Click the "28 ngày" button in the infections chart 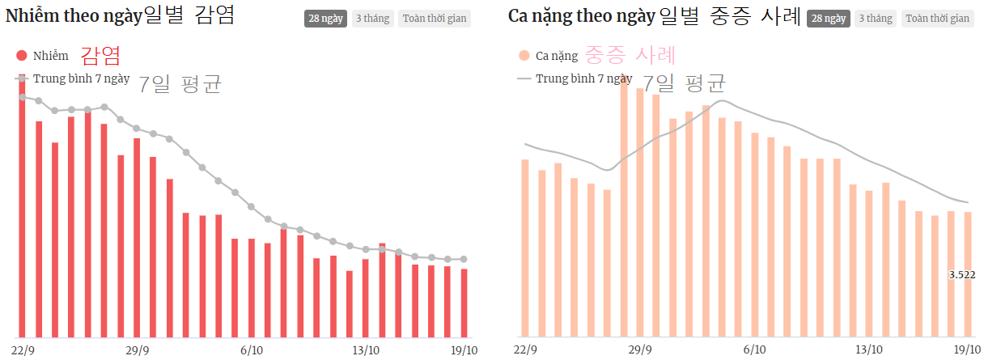pyautogui.click(x=325, y=19)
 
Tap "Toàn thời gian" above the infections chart pyautogui.click(x=435, y=19)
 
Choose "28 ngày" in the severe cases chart pyautogui.click(x=828, y=19)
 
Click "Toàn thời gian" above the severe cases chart pyautogui.click(x=937, y=19)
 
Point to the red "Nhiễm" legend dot pyautogui.click(x=22, y=56)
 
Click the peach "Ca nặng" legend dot pyautogui.click(x=524, y=56)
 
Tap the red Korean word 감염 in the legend pyautogui.click(x=100, y=55)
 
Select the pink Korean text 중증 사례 pyautogui.click(x=630, y=55)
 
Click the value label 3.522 pyautogui.click(x=961, y=275)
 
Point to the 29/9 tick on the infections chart pyautogui.click(x=138, y=350)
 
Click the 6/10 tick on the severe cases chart pyautogui.click(x=754, y=350)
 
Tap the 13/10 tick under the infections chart pyautogui.click(x=366, y=350)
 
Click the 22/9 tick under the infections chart pyautogui.click(x=23, y=350)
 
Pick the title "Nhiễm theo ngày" pyautogui.click(x=74, y=15)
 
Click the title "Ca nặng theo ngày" pyautogui.click(x=582, y=15)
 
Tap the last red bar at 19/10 pyautogui.click(x=464, y=303)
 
